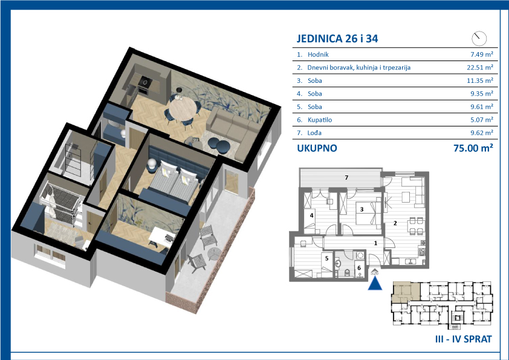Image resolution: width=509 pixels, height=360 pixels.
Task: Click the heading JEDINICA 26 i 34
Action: tap(337, 39)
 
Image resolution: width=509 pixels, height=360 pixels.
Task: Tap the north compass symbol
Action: tap(479, 38)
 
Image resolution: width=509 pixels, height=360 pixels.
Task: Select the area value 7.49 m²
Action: tap(482, 54)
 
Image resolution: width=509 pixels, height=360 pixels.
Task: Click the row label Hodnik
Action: tap(318, 54)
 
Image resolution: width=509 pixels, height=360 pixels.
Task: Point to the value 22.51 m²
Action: tap(480, 67)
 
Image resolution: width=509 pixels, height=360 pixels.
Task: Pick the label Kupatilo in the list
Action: tap(320, 120)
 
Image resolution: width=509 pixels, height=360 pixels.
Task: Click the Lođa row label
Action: tap(314, 133)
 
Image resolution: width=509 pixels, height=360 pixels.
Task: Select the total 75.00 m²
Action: tap(473, 148)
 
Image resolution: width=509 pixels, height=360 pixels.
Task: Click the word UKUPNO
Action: tap(317, 148)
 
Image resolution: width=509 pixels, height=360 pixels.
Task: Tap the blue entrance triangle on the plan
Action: tap(375, 283)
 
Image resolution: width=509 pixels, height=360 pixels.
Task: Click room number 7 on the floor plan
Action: tap(346, 177)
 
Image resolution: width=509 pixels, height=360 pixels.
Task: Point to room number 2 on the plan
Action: tap(395, 223)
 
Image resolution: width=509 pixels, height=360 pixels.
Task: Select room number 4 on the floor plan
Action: tap(312, 215)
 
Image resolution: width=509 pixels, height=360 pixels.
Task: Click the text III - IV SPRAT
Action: tap(463, 339)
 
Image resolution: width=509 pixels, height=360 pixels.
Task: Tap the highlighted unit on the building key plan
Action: tap(406, 292)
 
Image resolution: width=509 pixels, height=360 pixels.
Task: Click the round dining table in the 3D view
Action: tap(183, 109)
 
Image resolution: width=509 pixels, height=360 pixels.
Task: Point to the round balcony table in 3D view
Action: tap(214, 254)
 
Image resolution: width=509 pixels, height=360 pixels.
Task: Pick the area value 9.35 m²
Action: tap(482, 94)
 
